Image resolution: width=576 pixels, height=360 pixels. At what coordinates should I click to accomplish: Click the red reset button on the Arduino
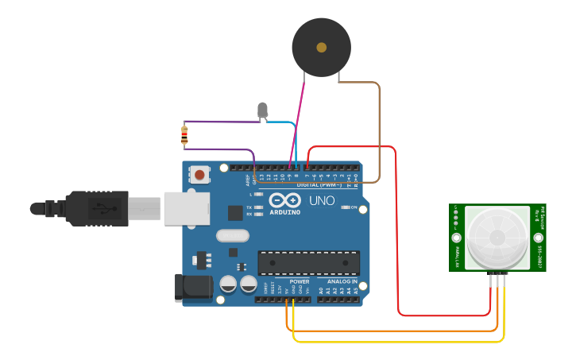coord(199,174)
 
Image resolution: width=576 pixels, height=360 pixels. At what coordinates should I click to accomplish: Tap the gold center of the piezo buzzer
coord(321,48)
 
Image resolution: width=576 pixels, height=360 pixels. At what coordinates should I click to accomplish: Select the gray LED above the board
coord(263,110)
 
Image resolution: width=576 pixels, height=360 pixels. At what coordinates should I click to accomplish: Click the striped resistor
coord(184,136)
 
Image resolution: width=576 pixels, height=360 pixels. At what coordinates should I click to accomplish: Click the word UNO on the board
coord(322,200)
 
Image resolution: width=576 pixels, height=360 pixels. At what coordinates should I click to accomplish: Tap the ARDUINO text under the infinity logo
coord(285,212)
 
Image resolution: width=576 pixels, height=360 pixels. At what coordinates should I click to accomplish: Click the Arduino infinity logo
coord(284,199)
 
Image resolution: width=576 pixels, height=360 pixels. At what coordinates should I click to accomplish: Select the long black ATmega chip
coord(308,263)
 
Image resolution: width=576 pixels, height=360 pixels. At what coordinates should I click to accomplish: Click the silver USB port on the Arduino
coord(187,207)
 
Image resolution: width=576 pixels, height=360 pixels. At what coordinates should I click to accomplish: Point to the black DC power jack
coord(193,287)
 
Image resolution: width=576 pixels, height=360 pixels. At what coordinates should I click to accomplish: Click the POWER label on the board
coord(300,281)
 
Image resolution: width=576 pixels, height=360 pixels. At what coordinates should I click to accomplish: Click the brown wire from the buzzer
coord(379,127)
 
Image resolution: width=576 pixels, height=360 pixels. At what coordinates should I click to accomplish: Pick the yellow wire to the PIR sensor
coord(397,342)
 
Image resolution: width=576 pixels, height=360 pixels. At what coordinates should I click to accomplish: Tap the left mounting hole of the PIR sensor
coord(457,238)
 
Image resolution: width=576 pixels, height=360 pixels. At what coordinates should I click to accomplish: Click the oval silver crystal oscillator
coord(232,235)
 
